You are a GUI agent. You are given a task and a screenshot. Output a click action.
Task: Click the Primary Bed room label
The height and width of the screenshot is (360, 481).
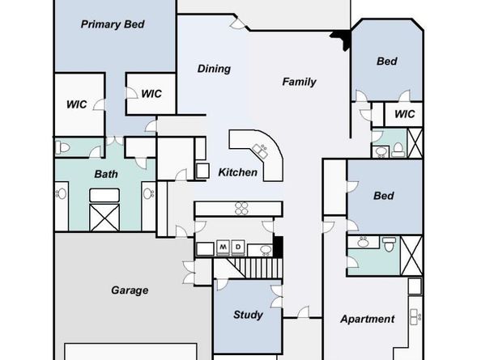pos(113,24)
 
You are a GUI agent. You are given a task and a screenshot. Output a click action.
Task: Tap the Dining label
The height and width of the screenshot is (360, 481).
pos(214,69)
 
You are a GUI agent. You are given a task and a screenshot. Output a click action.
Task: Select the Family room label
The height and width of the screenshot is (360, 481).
pos(299,82)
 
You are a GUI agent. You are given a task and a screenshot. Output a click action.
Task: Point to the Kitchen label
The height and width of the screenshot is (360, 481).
pos(238,172)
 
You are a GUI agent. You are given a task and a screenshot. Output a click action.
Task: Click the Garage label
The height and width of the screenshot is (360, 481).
pos(130,290)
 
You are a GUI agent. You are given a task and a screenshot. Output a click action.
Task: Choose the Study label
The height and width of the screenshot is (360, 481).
pos(248,315)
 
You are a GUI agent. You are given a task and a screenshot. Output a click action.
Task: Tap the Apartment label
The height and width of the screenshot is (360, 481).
pos(367,319)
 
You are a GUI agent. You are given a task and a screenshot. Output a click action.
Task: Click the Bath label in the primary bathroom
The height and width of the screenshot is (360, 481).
pos(106,174)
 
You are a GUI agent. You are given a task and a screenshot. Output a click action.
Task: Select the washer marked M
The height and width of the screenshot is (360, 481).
pos(223,248)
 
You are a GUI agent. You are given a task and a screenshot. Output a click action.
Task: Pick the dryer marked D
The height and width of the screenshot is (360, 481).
pos(238,248)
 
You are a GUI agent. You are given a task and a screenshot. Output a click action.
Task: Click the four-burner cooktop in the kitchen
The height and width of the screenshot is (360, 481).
pos(241,209)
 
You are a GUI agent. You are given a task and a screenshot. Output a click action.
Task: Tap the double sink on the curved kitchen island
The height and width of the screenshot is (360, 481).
pos(260,150)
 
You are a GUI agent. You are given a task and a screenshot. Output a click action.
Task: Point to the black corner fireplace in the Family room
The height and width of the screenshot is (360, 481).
pos(342,38)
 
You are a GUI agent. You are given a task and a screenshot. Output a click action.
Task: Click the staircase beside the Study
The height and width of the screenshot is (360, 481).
pos(254,268)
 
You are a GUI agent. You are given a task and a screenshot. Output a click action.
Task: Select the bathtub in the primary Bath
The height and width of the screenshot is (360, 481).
pos(104,196)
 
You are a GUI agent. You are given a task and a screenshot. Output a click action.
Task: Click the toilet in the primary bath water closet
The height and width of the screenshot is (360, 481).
pos(62,148)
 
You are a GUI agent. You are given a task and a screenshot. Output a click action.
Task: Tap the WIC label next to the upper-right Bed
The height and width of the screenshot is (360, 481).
pos(405,114)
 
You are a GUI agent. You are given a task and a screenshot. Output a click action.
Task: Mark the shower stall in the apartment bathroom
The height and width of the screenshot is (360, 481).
pos(411,256)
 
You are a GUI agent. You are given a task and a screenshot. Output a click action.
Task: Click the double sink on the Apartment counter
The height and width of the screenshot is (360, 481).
pos(415,317)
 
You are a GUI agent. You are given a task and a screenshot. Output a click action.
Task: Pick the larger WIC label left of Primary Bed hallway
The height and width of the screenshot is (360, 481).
pos(77,104)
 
